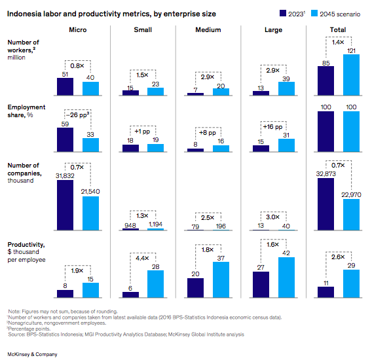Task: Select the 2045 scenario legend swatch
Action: pos(316,12)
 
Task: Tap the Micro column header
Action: pos(78,30)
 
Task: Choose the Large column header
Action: pos(273,30)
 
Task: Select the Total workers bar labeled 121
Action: pos(351,75)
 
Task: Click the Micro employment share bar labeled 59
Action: pos(65,139)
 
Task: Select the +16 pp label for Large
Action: pos(273,127)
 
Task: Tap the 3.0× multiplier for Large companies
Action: pos(273,217)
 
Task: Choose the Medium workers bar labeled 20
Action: pos(221,92)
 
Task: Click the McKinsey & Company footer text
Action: pos(32,353)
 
